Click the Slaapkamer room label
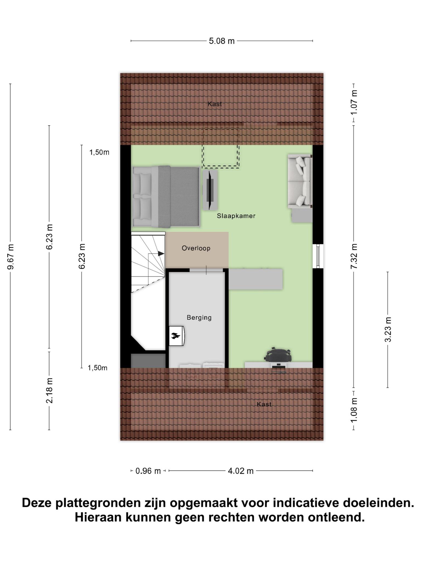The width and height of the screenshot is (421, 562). coord(236,216)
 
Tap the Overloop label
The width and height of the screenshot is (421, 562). coord(196,248)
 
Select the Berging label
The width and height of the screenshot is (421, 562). coord(199,318)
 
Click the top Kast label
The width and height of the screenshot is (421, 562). coord(215,104)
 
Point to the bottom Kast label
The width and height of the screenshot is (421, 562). coord(264,404)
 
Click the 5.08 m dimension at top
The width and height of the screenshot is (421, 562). coord(222,41)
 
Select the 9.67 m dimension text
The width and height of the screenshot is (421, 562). coord(10,257)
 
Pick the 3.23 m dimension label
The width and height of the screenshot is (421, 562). coord(388,329)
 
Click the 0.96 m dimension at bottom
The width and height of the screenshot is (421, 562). coord(148,471)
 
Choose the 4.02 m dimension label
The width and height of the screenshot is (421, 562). coord(241,471)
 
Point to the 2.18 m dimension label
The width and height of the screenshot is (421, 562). coord(49,390)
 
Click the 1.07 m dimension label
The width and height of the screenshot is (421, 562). coord(354,103)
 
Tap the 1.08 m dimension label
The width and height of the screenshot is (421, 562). coord(354,410)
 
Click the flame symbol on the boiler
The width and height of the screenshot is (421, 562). coord(175,335)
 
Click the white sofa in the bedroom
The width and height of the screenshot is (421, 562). coord(300,181)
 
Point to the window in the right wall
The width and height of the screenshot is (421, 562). coord(318,256)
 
